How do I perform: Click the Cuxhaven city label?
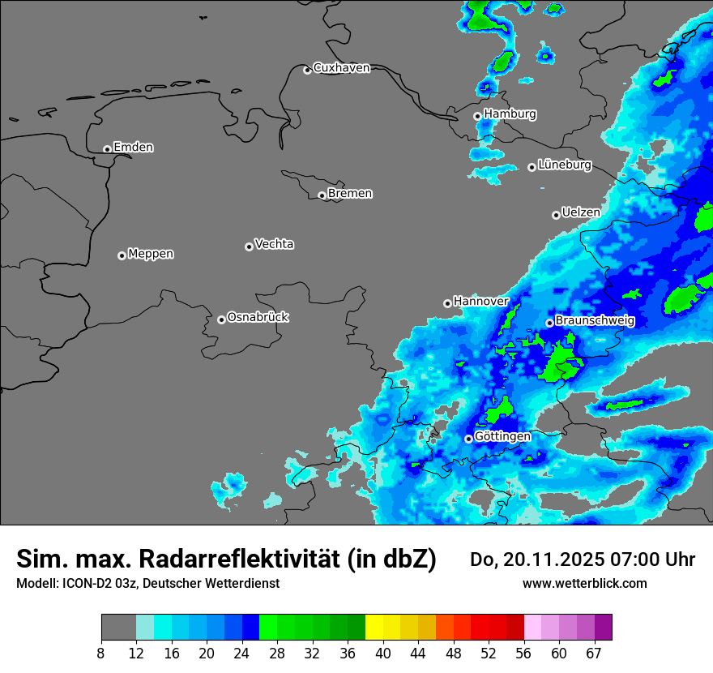pyautogui.click(x=341, y=68)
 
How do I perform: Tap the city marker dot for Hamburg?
pyautogui.click(x=477, y=116)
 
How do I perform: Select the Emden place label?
pyautogui.click(x=133, y=148)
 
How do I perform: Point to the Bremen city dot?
pyautogui.click(x=322, y=195)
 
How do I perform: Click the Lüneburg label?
pyautogui.click(x=565, y=165)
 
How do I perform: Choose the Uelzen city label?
pyautogui.click(x=581, y=212)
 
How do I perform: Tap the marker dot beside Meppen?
pyautogui.click(x=122, y=255)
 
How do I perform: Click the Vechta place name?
pyautogui.click(x=274, y=244)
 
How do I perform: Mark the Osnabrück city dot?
pyautogui.click(x=221, y=319)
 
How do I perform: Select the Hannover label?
pyautogui.click(x=480, y=302)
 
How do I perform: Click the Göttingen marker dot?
pyautogui.click(x=468, y=439)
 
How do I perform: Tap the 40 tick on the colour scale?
pyautogui.click(x=383, y=654)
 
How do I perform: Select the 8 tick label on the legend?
pyautogui.click(x=101, y=654)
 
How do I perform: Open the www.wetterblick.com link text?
pyautogui.click(x=584, y=584)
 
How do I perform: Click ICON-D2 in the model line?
pyautogui.click(x=87, y=584)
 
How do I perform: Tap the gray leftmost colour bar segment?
pyautogui.click(x=118, y=628)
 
